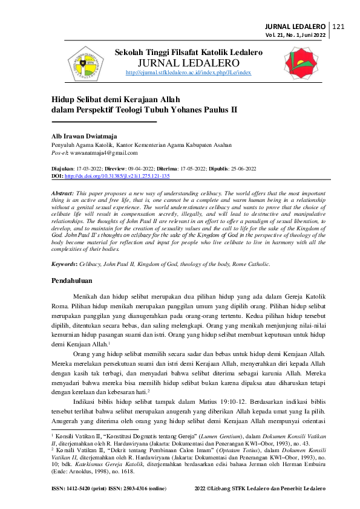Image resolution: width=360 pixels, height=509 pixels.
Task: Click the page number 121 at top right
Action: (x=338, y=27)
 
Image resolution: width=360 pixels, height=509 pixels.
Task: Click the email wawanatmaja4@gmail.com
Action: (x=103, y=154)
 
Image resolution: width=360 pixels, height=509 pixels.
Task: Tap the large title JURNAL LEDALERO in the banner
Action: (x=188, y=63)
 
